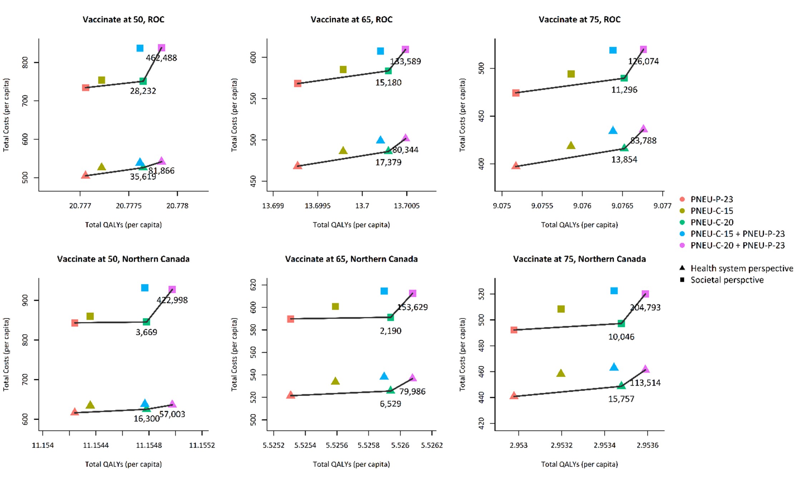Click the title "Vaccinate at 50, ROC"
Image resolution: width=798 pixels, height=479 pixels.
(x=123, y=20)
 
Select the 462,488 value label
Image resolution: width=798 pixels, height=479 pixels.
(x=161, y=58)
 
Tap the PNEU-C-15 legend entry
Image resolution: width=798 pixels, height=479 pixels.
(x=711, y=211)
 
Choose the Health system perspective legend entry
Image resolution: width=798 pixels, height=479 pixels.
(x=742, y=268)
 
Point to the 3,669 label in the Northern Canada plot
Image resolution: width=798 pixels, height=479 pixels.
(x=146, y=332)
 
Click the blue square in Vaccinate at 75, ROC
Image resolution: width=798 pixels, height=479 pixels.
(x=613, y=50)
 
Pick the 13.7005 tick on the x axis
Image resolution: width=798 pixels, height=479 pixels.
(x=407, y=206)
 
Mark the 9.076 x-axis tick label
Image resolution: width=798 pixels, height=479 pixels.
(x=582, y=206)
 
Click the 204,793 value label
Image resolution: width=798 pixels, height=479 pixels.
(x=645, y=308)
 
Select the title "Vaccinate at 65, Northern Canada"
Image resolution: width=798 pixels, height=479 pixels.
(x=351, y=259)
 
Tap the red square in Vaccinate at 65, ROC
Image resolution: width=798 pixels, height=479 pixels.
(x=298, y=84)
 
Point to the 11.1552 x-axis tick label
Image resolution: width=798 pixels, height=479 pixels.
(x=202, y=445)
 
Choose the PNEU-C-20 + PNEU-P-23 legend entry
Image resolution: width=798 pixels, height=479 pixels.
(x=737, y=245)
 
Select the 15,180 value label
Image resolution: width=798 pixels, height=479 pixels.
(x=388, y=83)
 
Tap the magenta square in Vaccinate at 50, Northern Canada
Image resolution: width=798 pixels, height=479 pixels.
(x=172, y=289)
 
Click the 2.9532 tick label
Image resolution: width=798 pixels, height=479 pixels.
(x=561, y=445)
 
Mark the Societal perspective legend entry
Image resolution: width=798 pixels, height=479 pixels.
(x=727, y=280)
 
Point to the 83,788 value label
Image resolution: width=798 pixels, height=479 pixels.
(x=643, y=141)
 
